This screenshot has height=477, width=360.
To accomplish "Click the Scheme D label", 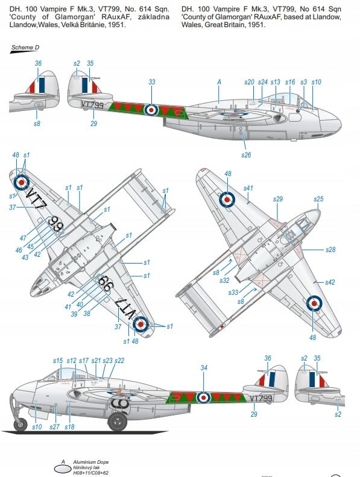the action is (25, 48).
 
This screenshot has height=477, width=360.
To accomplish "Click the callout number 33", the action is (152, 82).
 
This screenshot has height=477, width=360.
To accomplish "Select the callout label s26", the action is (246, 155).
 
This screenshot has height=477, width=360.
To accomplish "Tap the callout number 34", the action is (204, 368).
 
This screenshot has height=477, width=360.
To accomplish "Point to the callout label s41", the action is (248, 188).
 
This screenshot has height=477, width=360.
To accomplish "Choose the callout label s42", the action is (330, 282).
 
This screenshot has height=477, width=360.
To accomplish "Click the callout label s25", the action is (318, 199).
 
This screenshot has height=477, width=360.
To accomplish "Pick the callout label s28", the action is (330, 250).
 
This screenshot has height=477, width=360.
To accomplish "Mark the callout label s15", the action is (58, 361).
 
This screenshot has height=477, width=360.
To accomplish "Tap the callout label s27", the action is (54, 427).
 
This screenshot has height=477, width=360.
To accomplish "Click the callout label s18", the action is (70, 427).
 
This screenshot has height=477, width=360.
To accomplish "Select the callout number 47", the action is (23, 238).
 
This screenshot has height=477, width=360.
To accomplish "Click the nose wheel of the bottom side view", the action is (21, 424).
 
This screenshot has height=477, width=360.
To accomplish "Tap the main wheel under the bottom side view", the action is (118, 421).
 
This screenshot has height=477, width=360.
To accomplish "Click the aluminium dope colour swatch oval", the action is (63, 470).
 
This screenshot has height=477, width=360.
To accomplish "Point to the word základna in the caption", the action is (154, 17).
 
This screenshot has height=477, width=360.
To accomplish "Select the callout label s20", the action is (249, 82).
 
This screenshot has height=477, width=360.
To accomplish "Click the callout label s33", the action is (233, 292).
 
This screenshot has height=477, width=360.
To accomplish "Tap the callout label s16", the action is (290, 82).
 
